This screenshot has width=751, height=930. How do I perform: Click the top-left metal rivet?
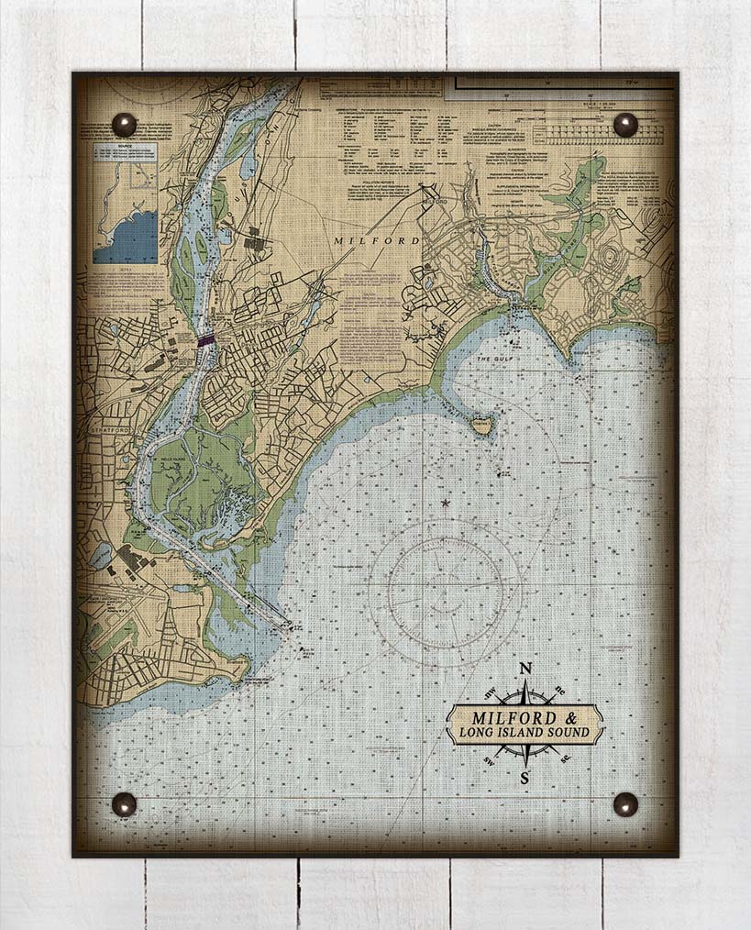coord(124,125)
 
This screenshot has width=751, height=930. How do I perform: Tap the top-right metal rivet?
coord(625,125)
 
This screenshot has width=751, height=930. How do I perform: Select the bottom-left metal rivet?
coord(124,804)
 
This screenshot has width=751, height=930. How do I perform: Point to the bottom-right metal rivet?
coord(625,804)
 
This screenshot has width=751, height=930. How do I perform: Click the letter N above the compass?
coord(525,669)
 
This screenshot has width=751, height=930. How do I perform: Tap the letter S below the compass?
coord(525,779)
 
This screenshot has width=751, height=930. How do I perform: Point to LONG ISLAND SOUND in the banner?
coord(525,733)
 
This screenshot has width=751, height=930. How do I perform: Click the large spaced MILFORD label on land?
coord(376,240)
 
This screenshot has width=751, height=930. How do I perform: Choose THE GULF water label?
coord(491,359)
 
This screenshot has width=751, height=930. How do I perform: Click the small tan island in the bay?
coord(480,424)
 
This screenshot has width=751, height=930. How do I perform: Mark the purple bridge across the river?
coord(207,339)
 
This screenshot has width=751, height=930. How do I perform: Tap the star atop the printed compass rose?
coord(446,503)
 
